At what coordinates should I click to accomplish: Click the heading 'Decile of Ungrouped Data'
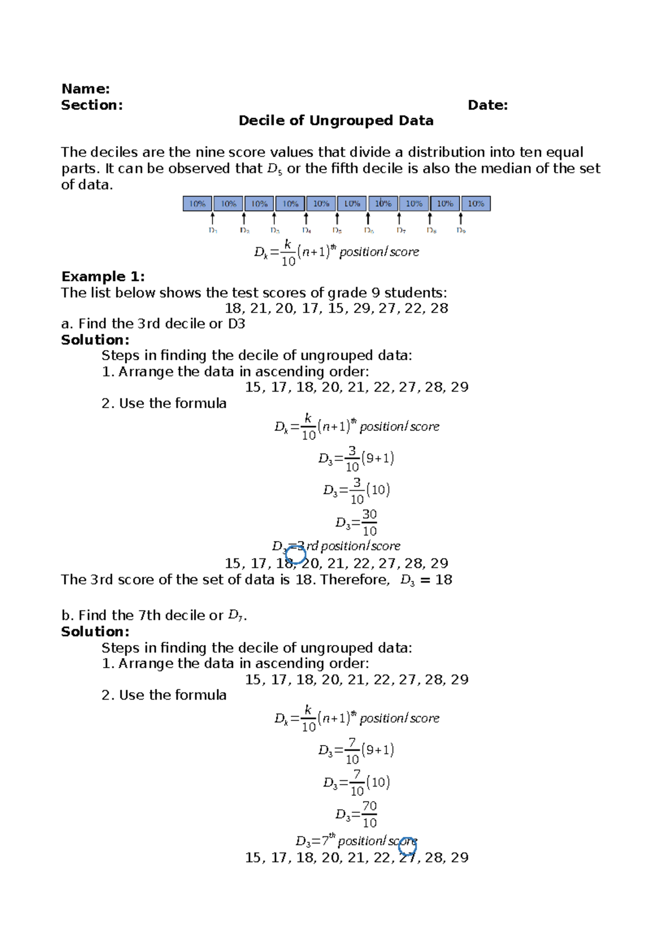tap(335, 120)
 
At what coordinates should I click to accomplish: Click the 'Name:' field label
tap(85, 89)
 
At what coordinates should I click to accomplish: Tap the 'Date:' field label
tap(487, 105)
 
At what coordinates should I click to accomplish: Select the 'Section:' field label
tap(92, 105)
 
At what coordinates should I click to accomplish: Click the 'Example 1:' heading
tap(103, 276)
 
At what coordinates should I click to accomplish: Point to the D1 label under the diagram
tap(213, 230)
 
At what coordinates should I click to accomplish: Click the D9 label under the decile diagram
tap(461, 230)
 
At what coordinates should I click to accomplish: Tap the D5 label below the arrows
tap(337, 230)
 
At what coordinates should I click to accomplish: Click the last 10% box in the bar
tap(476, 203)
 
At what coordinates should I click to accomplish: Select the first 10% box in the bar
tap(198, 203)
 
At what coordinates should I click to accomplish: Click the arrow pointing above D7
tap(399, 218)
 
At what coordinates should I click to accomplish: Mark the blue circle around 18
tap(296, 555)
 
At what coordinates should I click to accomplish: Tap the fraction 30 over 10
tap(369, 523)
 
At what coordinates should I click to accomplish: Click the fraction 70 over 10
tap(369, 814)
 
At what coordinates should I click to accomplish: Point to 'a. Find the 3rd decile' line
tap(153, 324)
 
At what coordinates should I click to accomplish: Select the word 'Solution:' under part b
tap(95, 631)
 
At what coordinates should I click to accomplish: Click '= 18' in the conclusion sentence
tap(436, 580)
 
